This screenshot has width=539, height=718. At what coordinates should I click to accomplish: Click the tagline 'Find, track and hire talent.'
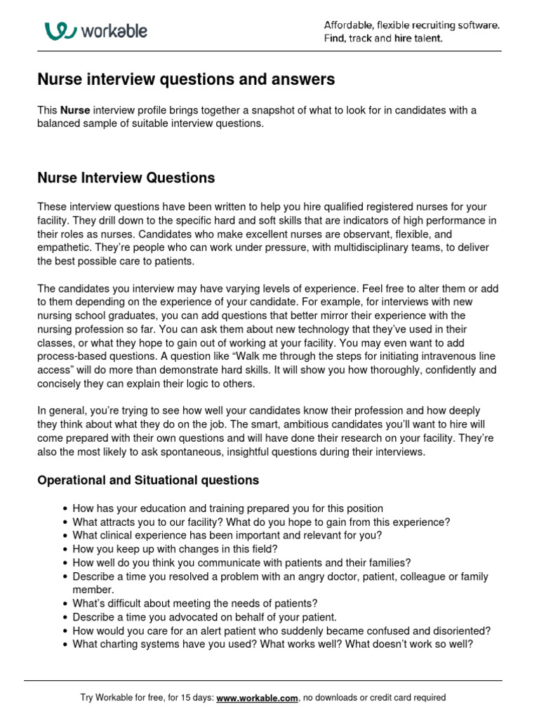click(x=383, y=39)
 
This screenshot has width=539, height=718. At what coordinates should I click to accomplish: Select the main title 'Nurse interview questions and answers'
click(x=186, y=80)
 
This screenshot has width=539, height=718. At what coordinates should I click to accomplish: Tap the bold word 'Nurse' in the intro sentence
click(x=75, y=111)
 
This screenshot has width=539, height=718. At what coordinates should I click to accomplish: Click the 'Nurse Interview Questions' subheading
click(x=126, y=178)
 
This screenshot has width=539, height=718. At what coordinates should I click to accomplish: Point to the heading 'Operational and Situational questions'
click(x=148, y=480)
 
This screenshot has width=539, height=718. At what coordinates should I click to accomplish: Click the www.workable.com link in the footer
click(x=258, y=698)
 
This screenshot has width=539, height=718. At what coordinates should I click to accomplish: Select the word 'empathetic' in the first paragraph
click(x=62, y=248)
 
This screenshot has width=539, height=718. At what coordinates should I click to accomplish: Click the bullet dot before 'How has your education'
click(x=65, y=509)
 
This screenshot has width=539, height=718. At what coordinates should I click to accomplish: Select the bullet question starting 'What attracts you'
click(x=261, y=522)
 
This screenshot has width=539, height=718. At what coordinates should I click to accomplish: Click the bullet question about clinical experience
click(x=227, y=536)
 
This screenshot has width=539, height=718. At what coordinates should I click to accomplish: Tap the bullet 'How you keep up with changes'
click(x=175, y=549)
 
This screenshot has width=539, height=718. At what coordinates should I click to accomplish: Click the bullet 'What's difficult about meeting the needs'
click(x=195, y=603)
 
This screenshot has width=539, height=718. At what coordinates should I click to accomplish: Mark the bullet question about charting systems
click(x=272, y=644)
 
